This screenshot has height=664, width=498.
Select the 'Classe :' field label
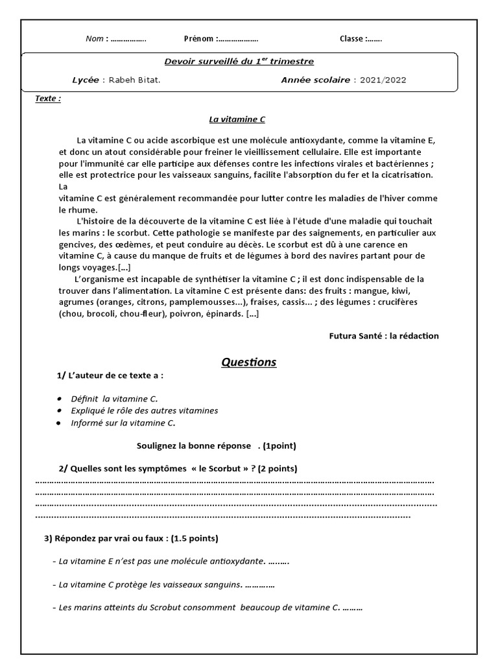(x=353, y=39)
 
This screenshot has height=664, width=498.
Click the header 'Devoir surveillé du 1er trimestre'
(x=239, y=62)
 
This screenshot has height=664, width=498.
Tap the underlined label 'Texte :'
(x=48, y=99)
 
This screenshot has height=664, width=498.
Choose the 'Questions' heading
(x=248, y=362)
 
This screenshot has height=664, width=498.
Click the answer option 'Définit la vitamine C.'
(x=114, y=399)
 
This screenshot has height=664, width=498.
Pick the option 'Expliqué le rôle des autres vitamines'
(x=145, y=411)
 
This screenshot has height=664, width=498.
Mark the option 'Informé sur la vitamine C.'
(x=123, y=423)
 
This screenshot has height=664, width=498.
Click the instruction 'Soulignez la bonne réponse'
(x=193, y=446)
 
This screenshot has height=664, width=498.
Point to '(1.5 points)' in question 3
(x=194, y=538)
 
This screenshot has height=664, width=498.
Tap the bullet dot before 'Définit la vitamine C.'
(x=60, y=399)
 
